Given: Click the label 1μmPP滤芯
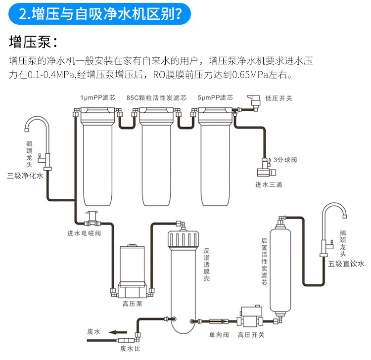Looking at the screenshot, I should (98, 97).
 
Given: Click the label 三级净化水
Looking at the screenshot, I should (25, 176).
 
